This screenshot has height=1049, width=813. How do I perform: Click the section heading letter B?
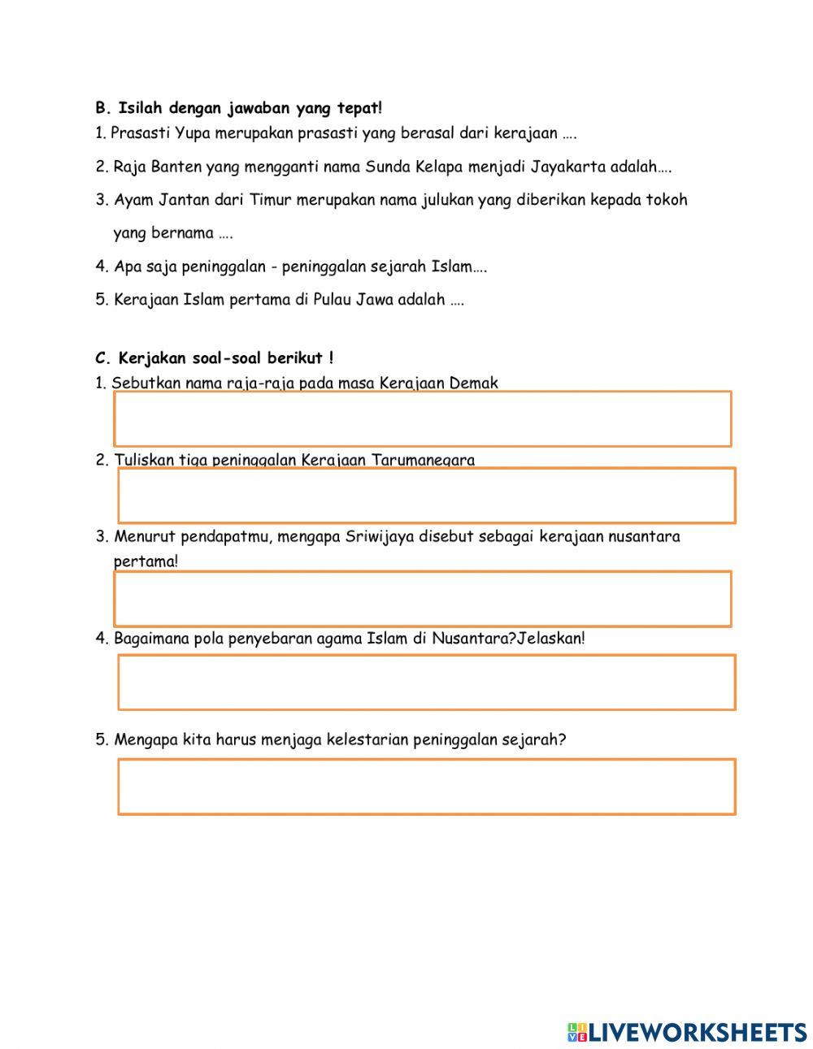pos(101,107)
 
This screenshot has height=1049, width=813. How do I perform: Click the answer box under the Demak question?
pos(422,419)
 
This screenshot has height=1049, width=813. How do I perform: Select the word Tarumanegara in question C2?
pos(423,460)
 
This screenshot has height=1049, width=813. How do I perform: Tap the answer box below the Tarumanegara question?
pos(426,496)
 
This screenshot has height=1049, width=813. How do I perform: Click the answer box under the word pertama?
pos(422,599)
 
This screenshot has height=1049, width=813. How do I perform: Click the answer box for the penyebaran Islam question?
pos(426,683)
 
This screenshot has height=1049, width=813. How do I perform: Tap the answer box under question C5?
pos(426,787)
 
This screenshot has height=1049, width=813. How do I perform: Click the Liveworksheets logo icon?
pos(577,1032)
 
